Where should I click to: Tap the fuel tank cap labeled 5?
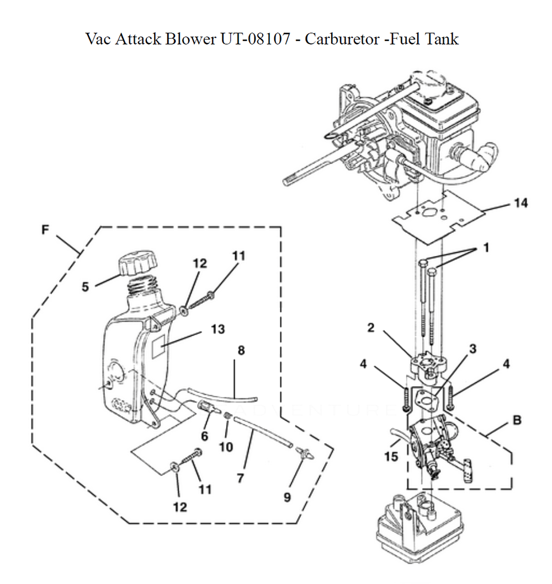[137, 265]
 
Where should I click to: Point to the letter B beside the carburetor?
[517, 420]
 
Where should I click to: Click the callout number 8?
[241, 350]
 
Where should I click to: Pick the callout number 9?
[287, 497]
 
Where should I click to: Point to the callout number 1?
[486, 249]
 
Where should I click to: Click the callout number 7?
[240, 478]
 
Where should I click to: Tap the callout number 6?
[205, 436]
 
